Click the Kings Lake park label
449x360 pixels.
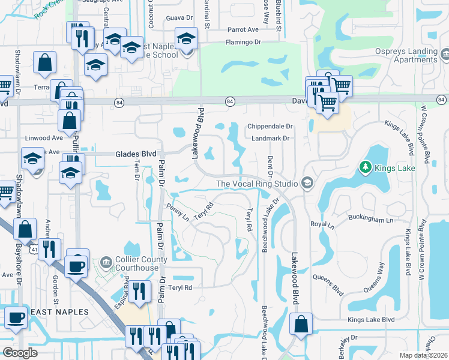pyautogui.click(x=395, y=168)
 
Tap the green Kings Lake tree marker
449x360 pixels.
pyautogui.click(x=365, y=166)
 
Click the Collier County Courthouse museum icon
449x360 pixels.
pyautogui.click(x=106, y=262)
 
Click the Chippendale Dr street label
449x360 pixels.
pyautogui.click(x=270, y=127)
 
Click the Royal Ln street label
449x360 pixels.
pyautogui.click(x=322, y=224)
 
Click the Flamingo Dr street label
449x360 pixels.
pyautogui.click(x=243, y=42)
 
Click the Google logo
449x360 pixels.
pyautogui.click(x=20, y=353)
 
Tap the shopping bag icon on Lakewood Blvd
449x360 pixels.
pyautogui.click(x=300, y=324)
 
